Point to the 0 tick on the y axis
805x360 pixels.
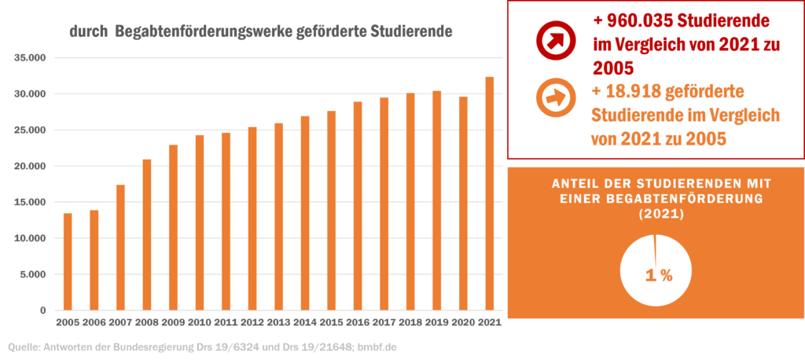(45, 310)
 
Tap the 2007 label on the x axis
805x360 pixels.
(120, 322)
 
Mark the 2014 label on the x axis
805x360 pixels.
(305, 322)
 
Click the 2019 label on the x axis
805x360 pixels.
(437, 322)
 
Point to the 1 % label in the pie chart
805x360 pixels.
(658, 275)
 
